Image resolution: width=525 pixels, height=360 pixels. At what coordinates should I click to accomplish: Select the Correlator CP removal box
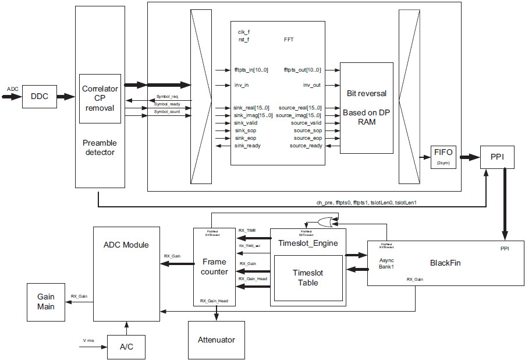pyautogui.click(x=100, y=99)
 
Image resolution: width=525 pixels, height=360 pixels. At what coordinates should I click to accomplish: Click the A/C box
pyautogui.click(x=126, y=347)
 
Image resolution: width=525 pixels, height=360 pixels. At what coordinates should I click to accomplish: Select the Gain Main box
pyautogui.click(x=46, y=301)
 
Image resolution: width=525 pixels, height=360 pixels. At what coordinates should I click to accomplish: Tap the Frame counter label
pyautogui.click(x=214, y=266)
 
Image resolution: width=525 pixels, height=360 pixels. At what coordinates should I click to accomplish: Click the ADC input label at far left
pyautogui.click(x=12, y=89)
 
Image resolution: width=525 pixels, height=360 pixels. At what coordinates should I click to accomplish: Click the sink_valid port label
pyautogui.click(x=246, y=123)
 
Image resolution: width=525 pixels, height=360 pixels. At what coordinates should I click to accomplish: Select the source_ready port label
pyautogui.click(x=306, y=146)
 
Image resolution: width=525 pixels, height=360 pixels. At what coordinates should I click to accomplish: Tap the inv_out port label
pyautogui.click(x=311, y=85)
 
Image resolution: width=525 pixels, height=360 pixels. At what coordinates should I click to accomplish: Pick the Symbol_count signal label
pyautogui.click(x=167, y=111)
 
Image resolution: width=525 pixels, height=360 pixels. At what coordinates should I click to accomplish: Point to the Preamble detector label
pyautogui.click(x=100, y=147)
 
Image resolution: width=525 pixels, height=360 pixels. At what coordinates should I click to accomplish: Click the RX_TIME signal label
pyautogui.click(x=247, y=231)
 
